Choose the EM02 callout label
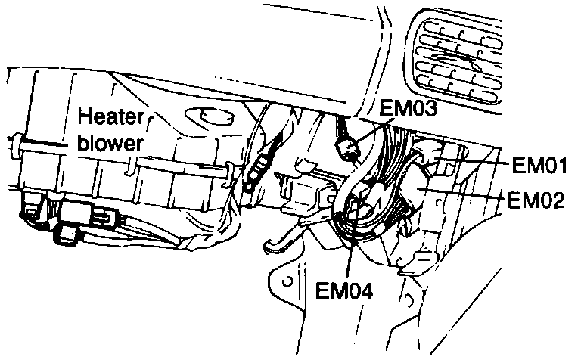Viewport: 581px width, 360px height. click(536, 200)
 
